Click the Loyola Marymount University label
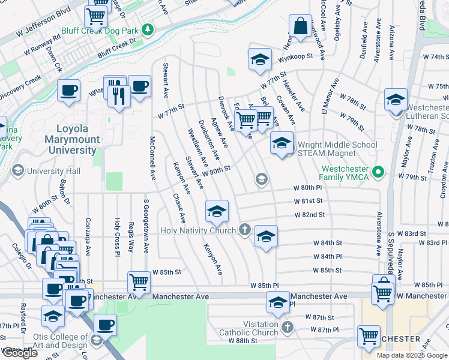click(72, 140)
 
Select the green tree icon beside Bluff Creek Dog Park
click(148, 29)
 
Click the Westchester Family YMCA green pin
click(378, 173)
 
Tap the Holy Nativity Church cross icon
click(244, 229)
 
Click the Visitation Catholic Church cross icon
click(288, 327)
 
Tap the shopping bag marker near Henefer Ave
click(300, 27)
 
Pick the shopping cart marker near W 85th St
click(139, 282)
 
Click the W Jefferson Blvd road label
click(41, 20)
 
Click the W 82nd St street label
click(309, 214)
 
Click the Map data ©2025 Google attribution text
click(412, 355)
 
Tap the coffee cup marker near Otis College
click(106, 325)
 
